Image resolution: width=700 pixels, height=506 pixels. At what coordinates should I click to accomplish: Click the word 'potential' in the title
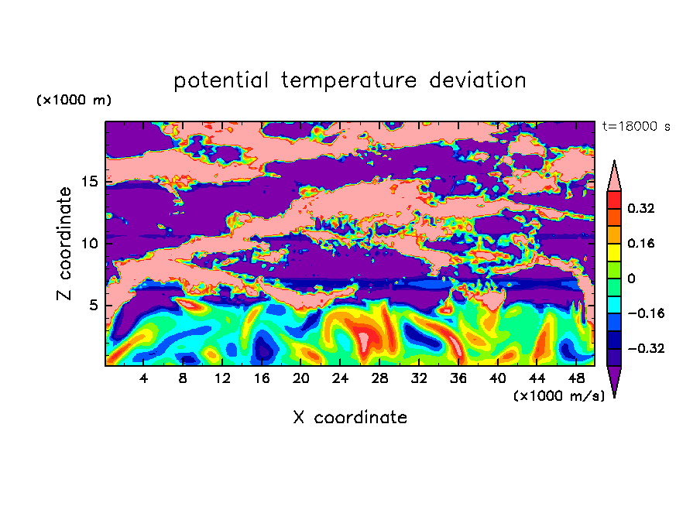pos(221,81)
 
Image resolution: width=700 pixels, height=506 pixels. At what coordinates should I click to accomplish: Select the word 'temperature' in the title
pos(349,80)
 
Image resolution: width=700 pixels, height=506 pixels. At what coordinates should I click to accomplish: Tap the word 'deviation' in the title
pos(478,80)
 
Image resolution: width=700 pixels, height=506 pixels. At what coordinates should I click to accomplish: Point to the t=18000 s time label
pos(637,127)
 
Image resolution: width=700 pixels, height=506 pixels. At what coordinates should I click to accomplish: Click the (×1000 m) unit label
pos(74,100)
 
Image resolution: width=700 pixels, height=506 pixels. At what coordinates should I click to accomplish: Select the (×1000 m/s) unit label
pos(559,395)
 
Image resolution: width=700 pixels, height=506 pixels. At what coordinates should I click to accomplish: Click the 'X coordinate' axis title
pos(350,417)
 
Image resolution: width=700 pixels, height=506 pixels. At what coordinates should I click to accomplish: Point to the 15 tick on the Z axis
pos(90,182)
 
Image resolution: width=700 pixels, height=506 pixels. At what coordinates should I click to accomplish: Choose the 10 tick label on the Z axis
pos(90,243)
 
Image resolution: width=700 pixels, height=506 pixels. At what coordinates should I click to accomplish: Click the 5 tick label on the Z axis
pos(94,305)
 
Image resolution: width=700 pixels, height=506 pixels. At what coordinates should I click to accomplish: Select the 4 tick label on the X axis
pos(143,378)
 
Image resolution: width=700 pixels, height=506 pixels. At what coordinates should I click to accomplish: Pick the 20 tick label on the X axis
pos(301,378)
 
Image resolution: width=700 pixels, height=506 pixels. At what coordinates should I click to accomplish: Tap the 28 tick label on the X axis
pos(379,378)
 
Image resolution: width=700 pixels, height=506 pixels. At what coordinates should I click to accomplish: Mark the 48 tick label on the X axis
pos(576,378)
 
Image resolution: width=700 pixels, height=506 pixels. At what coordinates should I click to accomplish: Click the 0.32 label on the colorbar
pos(641,208)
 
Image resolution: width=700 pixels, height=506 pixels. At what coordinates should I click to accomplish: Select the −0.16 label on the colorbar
pos(646,313)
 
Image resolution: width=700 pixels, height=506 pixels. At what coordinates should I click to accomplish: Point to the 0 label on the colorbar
pos(631,279)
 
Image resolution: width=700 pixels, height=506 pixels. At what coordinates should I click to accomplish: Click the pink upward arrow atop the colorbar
pos(614,176)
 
